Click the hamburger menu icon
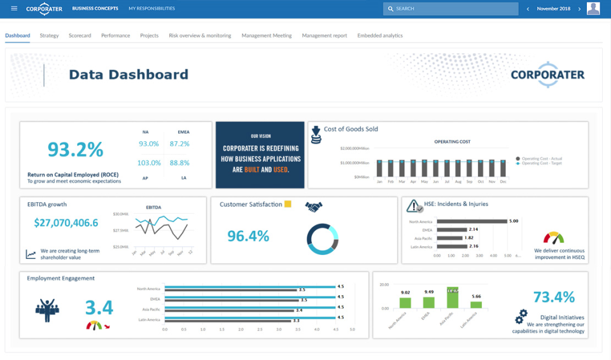(x=14, y=9)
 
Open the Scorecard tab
(x=80, y=36)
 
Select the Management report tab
(x=325, y=36)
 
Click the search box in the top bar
(x=451, y=9)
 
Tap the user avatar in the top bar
(x=593, y=9)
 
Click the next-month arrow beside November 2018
(x=579, y=9)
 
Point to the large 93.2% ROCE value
(x=75, y=149)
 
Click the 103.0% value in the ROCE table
(x=149, y=163)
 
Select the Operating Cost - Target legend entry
(x=542, y=163)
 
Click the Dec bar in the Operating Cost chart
(x=503, y=169)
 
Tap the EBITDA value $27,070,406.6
(x=66, y=223)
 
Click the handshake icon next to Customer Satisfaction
(x=314, y=206)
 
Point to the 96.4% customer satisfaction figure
(x=248, y=236)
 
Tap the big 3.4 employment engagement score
(x=99, y=308)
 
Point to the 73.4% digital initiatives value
(x=554, y=297)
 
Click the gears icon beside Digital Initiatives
(x=521, y=315)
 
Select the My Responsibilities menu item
(x=151, y=9)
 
